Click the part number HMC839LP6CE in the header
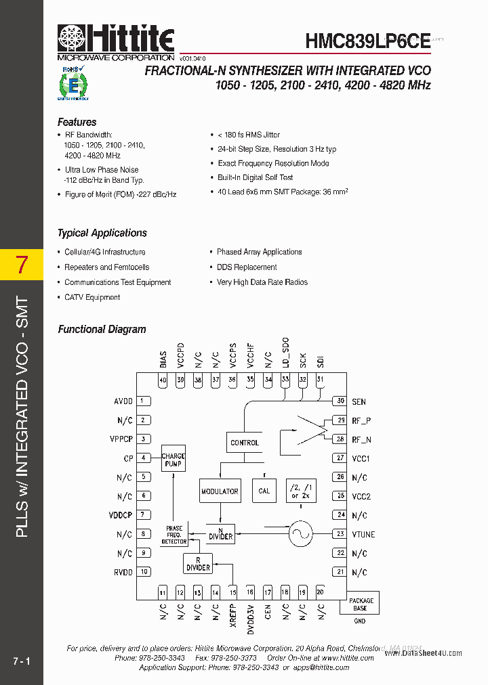point(367,41)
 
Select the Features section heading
point(77,123)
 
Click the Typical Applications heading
point(102,233)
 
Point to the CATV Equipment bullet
point(92,297)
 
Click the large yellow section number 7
point(22,265)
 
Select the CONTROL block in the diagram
point(245,443)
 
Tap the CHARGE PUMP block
point(174,460)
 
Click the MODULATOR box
point(220,491)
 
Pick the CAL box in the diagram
point(264,491)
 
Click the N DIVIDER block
point(220,533)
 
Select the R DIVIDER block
point(198,564)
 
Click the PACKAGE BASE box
point(360,604)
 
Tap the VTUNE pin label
point(363,534)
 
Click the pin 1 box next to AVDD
point(144,401)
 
